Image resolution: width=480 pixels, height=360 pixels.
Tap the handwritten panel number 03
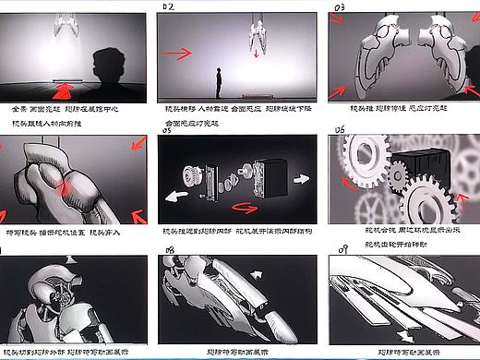click(x=340, y=7)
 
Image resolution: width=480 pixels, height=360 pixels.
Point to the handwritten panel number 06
click(x=340, y=131)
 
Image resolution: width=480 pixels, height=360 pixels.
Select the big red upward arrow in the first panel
click(x=64, y=90)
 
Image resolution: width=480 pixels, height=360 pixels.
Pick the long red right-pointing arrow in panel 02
click(x=182, y=54)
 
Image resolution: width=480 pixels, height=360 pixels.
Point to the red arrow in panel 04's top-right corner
click(x=134, y=148)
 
